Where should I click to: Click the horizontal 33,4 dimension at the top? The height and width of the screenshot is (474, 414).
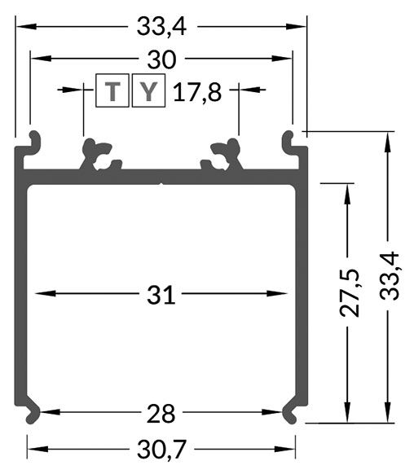pyautogui.click(x=161, y=27)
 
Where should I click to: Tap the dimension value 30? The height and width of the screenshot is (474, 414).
pyautogui.click(x=161, y=59)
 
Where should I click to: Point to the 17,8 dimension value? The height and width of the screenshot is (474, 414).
pyautogui.click(x=197, y=91)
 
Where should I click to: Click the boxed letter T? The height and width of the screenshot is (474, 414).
pyautogui.click(x=113, y=91)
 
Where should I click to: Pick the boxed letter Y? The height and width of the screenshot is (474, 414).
pyautogui.click(x=148, y=91)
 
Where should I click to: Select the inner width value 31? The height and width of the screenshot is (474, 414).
pyautogui.click(x=161, y=295)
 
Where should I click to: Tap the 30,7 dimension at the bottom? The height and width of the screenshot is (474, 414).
pyautogui.click(x=161, y=447)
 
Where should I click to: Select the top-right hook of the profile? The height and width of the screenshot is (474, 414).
pyautogui.click(x=291, y=143)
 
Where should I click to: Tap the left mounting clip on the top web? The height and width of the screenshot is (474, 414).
pyautogui.click(x=96, y=155)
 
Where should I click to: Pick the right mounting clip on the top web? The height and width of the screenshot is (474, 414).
pyautogui.click(x=226, y=155)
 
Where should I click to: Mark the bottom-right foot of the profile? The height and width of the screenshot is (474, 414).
pyautogui.click(x=293, y=412)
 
